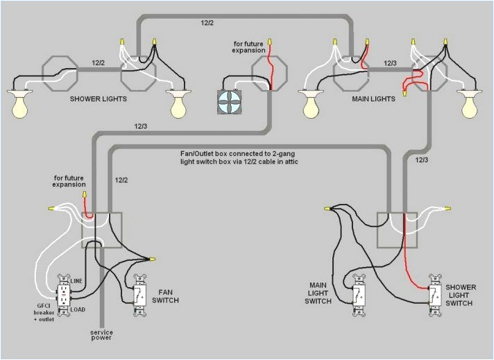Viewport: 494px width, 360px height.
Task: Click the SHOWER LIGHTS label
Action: [98, 99]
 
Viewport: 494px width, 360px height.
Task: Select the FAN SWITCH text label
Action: [169, 296]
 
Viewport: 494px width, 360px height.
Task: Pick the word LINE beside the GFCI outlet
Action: [77, 280]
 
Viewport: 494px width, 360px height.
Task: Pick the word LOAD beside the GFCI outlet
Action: [78, 309]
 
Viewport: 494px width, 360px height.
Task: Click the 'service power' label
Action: [101, 336]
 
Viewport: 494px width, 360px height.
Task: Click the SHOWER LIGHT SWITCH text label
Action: [461, 295]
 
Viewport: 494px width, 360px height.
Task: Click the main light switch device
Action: [359, 295]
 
